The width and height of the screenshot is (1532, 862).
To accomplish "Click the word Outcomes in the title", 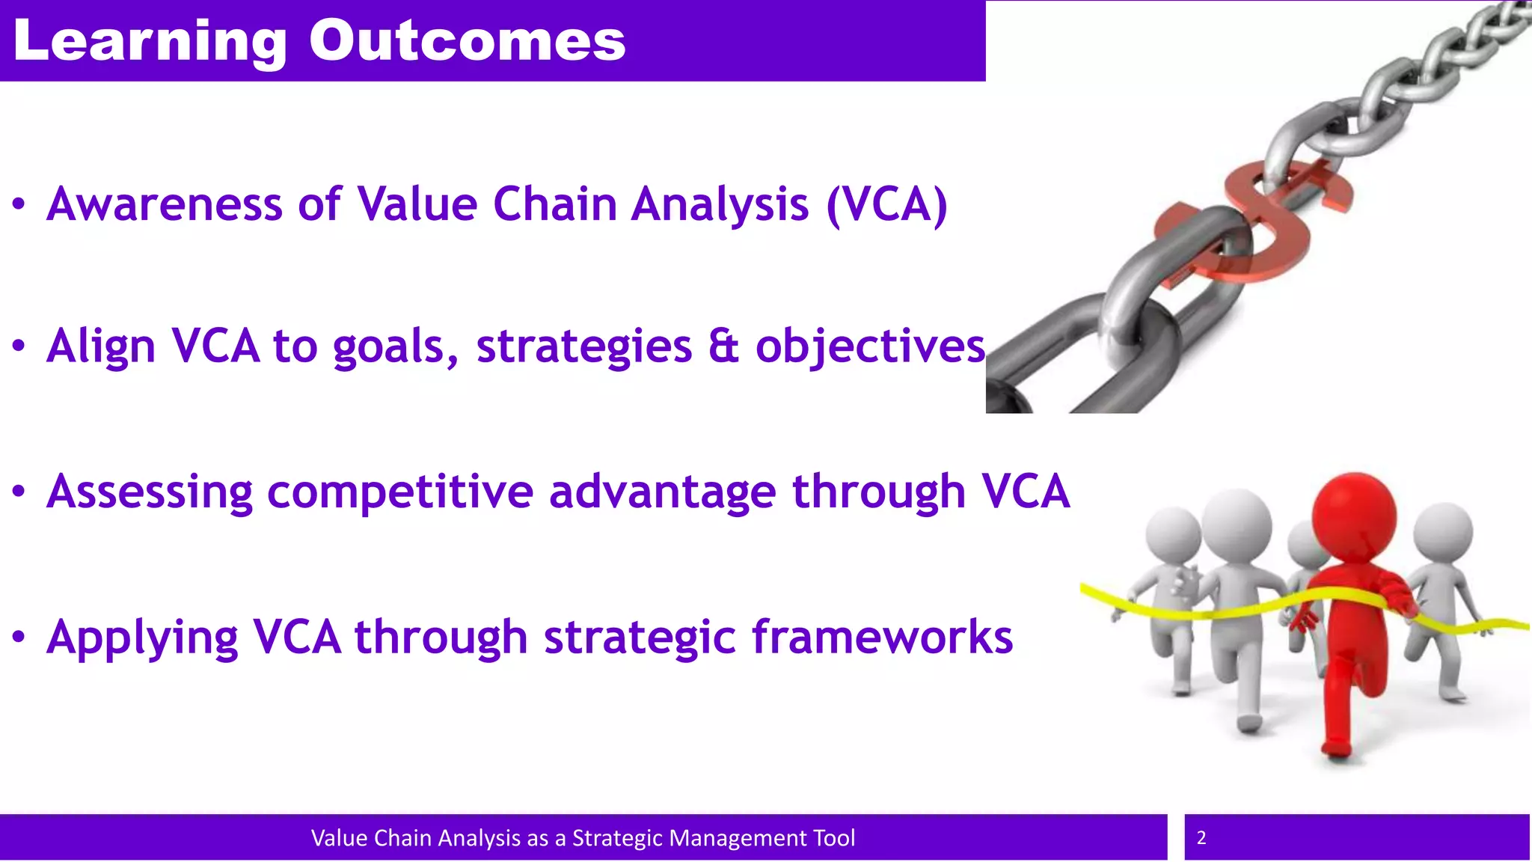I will click(468, 40).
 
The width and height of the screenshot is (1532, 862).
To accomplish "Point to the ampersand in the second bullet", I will click(723, 346).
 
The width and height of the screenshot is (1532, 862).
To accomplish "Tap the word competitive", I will click(399, 492).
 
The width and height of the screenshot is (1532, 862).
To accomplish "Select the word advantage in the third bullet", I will click(662, 492).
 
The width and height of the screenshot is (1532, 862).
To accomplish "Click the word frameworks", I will click(882, 638).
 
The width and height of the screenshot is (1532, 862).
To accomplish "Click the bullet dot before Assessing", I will click(19, 492).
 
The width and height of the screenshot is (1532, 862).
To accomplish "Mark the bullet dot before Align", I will click(19, 346).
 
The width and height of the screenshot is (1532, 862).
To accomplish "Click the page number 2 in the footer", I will click(1201, 837).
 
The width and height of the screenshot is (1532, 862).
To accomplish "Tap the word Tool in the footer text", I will click(834, 838).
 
